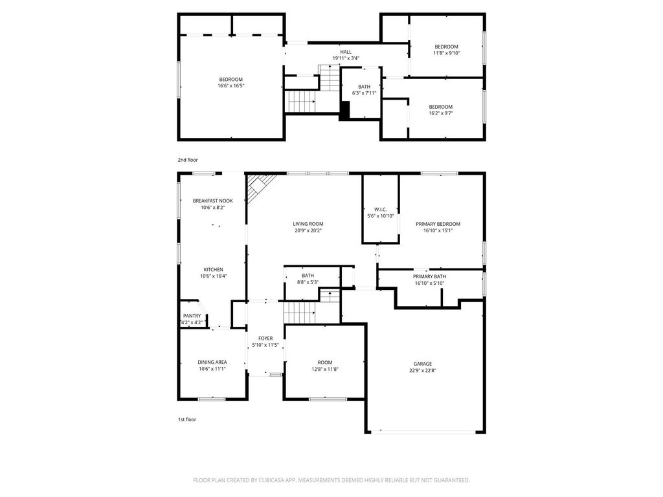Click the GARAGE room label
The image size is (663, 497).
coord(423,364)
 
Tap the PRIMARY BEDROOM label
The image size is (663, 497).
coord(438,224)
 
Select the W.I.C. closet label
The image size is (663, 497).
coord(381,210)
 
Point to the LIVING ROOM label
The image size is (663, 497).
coord(308,224)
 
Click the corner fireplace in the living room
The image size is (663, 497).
coord(257,186)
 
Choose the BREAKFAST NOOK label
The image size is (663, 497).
coord(212,201)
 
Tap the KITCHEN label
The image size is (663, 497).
coord(214,270)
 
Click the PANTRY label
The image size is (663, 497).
coord(192,316)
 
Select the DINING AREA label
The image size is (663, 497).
coord(212,362)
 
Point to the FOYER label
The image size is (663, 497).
coord(265,338)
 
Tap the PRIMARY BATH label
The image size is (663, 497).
coord(430,277)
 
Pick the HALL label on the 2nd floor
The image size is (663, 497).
coord(346,52)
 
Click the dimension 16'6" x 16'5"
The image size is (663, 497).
coord(231,86)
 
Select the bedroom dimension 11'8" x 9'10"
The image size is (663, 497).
coord(447,53)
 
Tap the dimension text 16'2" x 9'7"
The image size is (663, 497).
coord(440,113)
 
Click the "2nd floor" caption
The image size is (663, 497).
coord(188,160)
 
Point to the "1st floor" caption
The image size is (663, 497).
coord(187,419)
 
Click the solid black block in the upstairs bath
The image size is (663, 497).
coord(345,111)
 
